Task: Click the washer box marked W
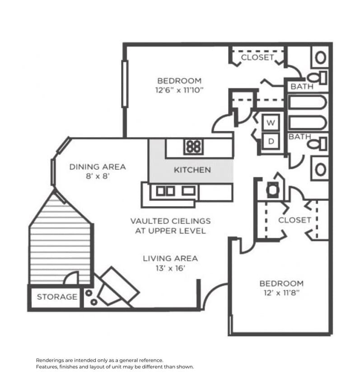271,122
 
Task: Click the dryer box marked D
271,141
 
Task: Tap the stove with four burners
193,146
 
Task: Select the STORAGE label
57,297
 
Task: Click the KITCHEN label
192,170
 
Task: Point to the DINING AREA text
98,167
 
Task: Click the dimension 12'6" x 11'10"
179,90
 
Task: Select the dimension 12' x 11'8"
281,293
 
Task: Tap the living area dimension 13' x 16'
170,268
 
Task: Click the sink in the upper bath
321,57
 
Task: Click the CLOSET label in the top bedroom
257,58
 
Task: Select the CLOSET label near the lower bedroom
295,220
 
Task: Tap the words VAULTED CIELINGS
170,221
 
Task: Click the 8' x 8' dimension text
98,177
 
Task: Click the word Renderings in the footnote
50,360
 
